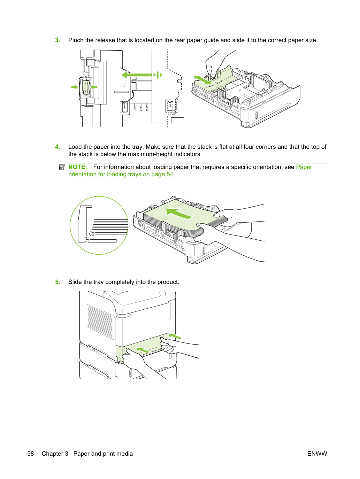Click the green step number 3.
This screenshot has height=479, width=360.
[58, 40]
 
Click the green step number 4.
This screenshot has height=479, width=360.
[58, 147]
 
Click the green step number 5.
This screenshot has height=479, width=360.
[58, 282]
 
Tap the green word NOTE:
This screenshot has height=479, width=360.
[78, 167]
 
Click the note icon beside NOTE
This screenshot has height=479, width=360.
[62, 167]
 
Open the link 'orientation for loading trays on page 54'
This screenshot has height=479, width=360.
[121, 175]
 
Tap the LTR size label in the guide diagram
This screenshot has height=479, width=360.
[135, 107]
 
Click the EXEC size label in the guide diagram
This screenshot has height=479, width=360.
[141, 107]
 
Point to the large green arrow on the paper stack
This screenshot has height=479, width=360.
[179, 213]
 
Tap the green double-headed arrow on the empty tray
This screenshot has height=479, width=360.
[203, 80]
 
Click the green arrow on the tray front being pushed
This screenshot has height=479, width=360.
[143, 350]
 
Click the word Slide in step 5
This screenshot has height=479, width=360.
[75, 282]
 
